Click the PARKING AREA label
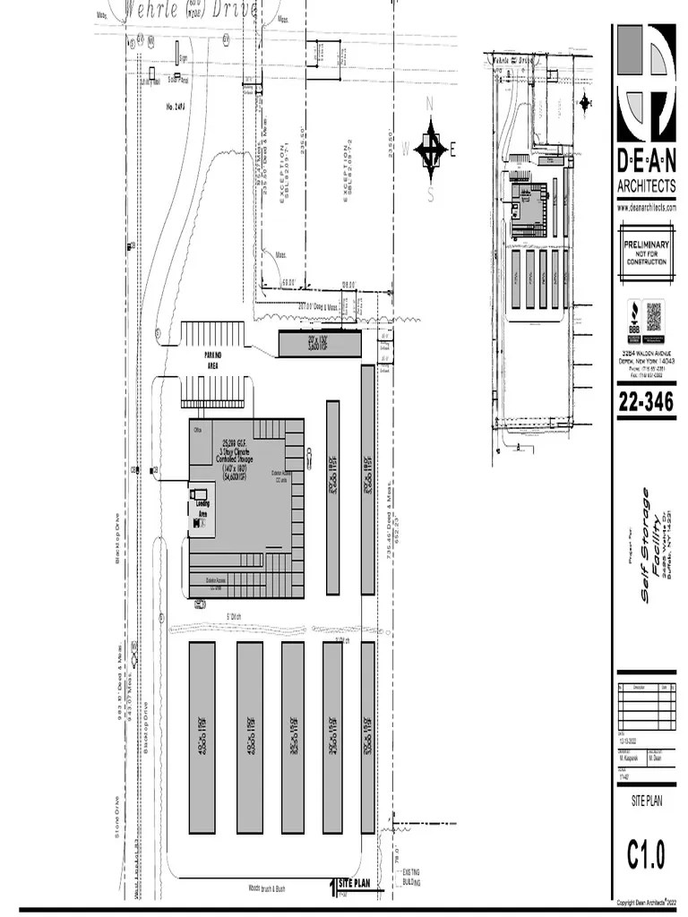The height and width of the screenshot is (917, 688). pyautogui.click(x=212, y=360)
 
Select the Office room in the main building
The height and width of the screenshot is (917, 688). pyautogui.click(x=197, y=430)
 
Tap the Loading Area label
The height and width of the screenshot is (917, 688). pyautogui.click(x=202, y=509)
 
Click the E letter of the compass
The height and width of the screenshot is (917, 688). pyautogui.click(x=453, y=150)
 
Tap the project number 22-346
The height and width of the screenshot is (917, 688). pyautogui.click(x=645, y=402)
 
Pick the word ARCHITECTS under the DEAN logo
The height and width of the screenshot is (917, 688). pyautogui.click(x=646, y=186)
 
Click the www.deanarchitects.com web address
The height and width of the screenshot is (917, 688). pyautogui.click(x=646, y=207)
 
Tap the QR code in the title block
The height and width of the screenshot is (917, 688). pyautogui.click(x=655, y=317)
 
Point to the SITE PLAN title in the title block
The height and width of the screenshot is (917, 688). pyautogui.click(x=647, y=801)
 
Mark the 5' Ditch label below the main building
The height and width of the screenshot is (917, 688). pyautogui.click(x=235, y=616)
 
